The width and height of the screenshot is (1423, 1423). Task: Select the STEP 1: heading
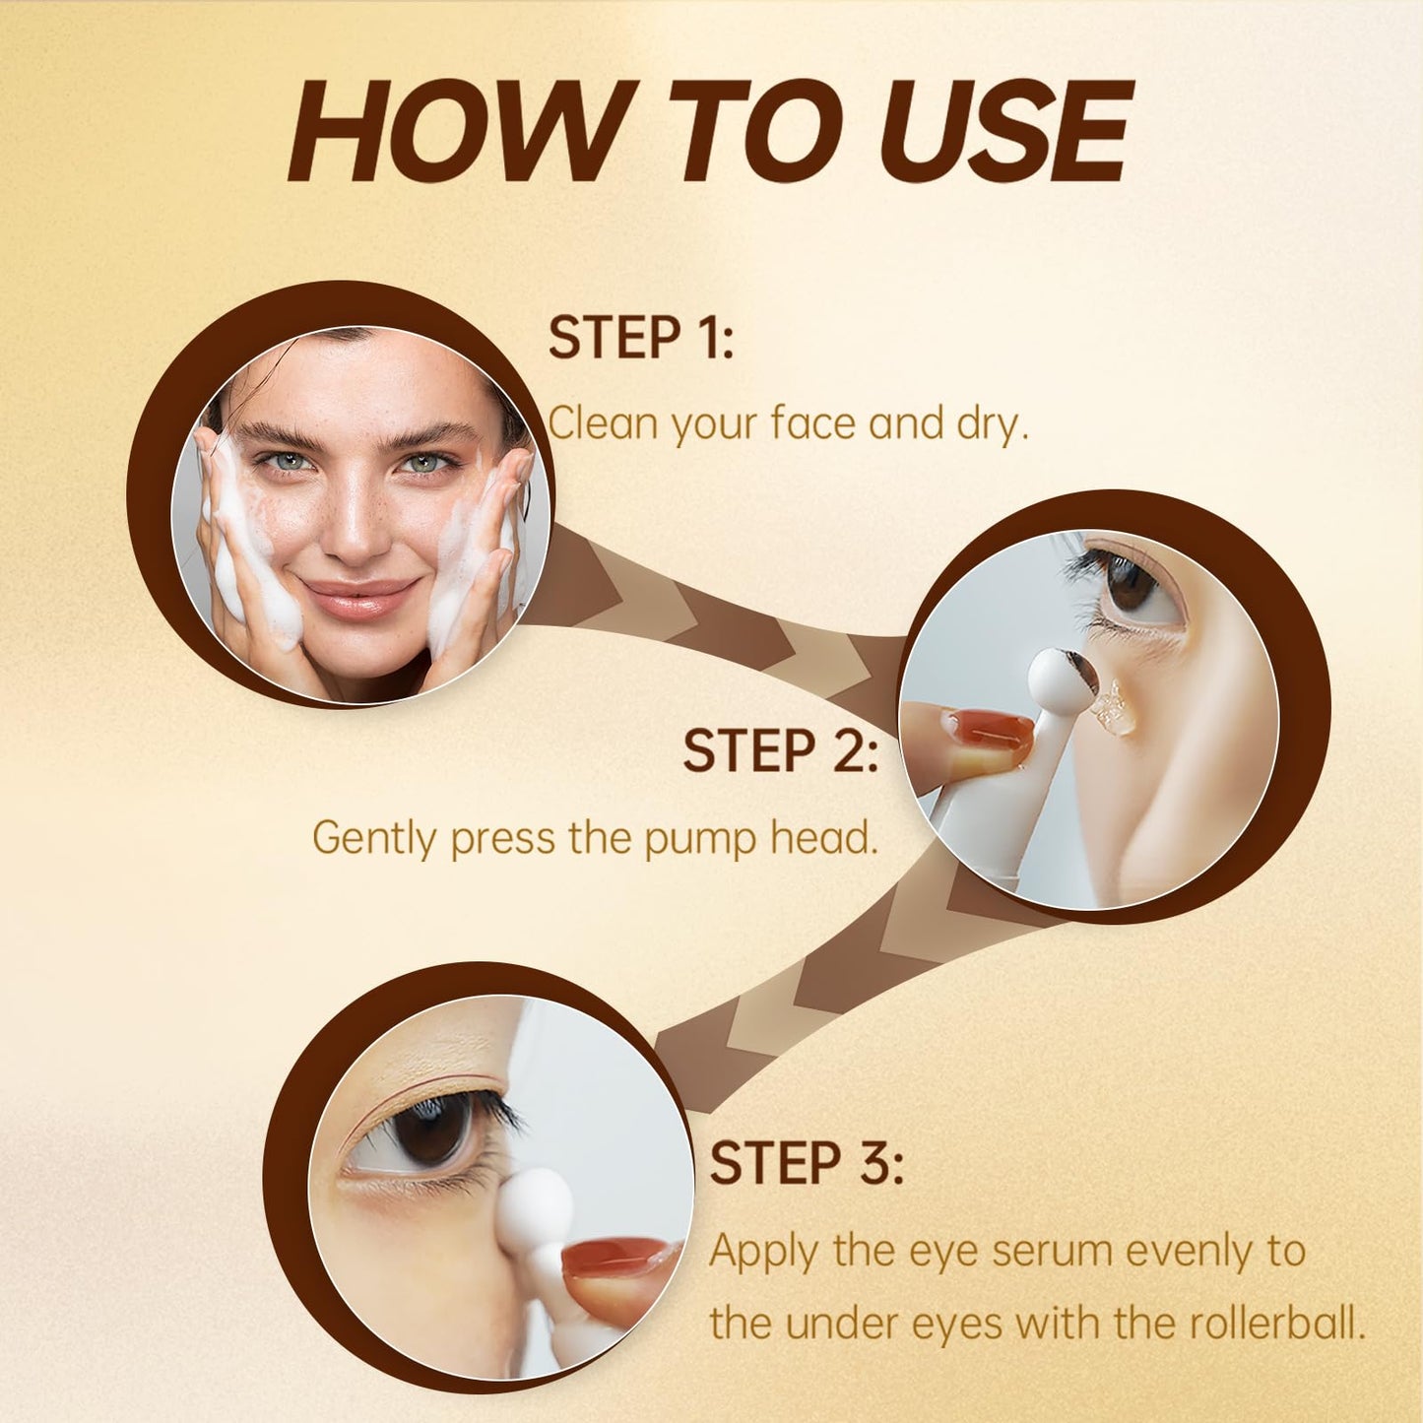(x=640, y=338)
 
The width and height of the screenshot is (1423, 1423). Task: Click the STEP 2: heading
(x=779, y=751)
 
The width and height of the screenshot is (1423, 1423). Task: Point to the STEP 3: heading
(x=806, y=1163)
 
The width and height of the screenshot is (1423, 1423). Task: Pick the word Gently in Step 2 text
(x=375, y=839)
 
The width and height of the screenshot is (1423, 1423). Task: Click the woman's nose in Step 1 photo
(x=353, y=527)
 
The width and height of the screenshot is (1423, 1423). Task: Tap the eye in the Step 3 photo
(x=433, y=1130)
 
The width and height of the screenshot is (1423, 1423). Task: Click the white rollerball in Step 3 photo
(x=535, y=1203)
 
